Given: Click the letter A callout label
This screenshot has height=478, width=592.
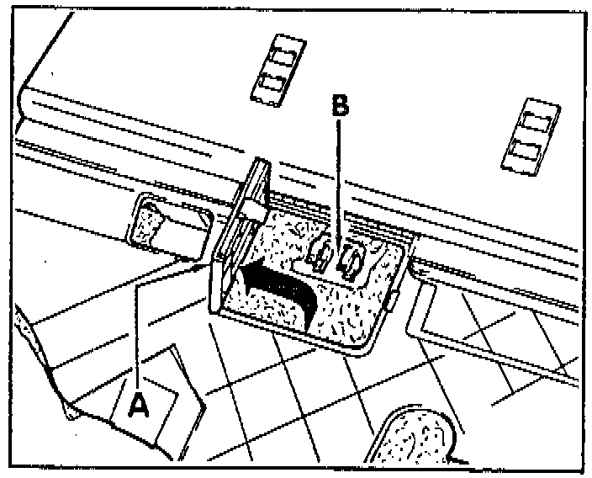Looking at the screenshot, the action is point(138,404).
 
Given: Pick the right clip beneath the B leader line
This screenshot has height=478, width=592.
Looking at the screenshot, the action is point(351,260).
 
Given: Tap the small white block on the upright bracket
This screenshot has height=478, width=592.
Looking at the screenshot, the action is point(254,211).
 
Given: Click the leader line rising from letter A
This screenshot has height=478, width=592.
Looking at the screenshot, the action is point(137,332).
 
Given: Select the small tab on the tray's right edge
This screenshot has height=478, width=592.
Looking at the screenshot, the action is point(391,300).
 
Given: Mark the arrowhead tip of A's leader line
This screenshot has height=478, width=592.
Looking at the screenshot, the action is point(206,266).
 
